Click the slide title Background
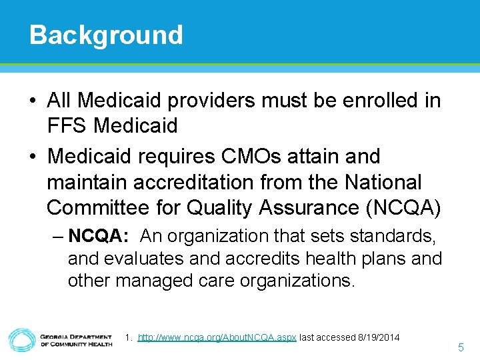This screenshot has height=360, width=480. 106,35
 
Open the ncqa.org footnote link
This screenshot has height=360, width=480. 217,337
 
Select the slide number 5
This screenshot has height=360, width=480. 461,347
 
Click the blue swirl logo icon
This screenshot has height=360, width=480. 22,339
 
